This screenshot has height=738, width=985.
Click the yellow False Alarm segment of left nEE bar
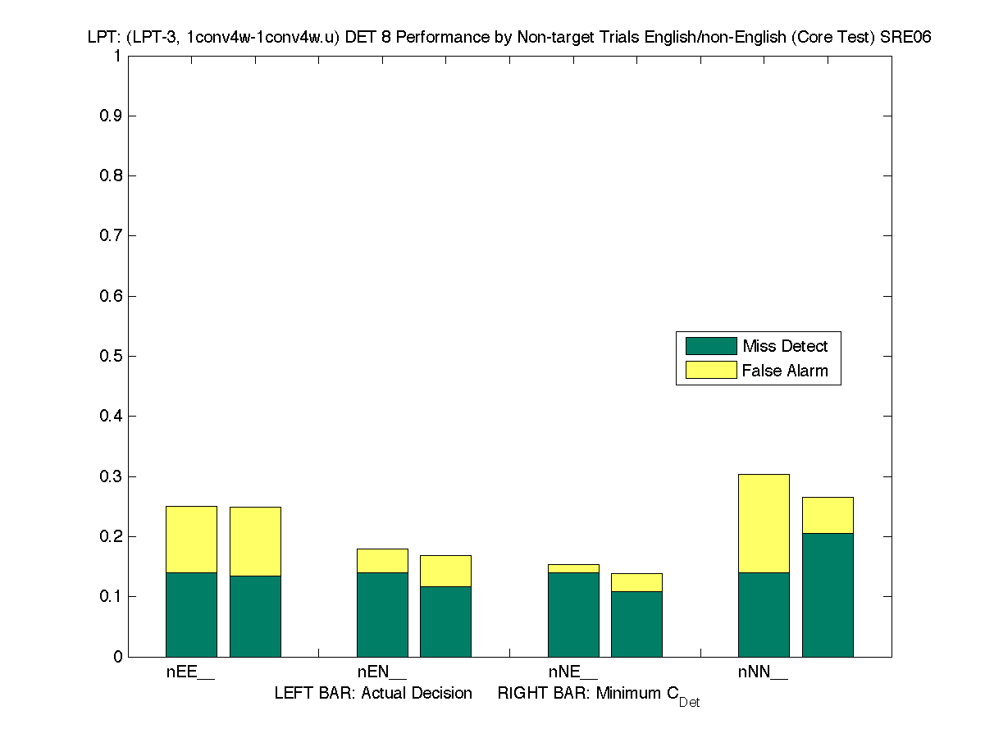pos(191,540)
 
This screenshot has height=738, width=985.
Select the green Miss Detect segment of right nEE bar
pos(255,616)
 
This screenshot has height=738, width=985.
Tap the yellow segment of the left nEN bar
pos(382,561)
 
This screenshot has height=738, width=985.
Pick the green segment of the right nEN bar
pos(445,622)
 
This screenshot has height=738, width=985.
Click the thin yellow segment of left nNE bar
pos(573,568)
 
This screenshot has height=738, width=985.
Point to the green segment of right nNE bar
pos(636,624)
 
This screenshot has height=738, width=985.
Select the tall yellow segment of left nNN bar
pos(764,523)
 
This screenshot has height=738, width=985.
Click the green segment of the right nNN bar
pos(828,594)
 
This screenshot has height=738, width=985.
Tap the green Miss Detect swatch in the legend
pos(711,346)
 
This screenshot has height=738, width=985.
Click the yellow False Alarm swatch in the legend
pos(711,371)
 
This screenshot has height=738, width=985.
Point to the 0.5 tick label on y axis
pos(111,357)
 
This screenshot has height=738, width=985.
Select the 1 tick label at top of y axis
pos(117,57)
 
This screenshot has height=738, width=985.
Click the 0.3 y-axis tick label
pos(111,476)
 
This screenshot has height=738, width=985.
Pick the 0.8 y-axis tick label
pos(111,176)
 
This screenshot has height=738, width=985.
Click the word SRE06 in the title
pos(906,37)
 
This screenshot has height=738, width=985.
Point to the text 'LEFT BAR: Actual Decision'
pos(373,694)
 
